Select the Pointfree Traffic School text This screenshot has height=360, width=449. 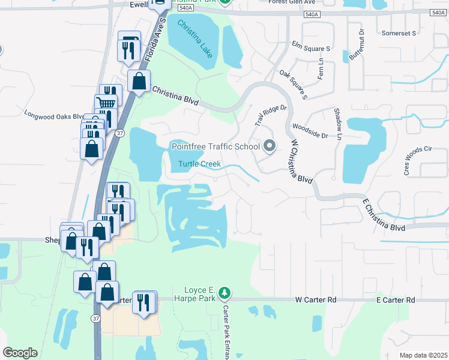pos(215,146)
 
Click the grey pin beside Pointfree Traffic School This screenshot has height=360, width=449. pos(270,146)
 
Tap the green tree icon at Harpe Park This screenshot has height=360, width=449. pos(224,293)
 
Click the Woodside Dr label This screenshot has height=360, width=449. pos(310,131)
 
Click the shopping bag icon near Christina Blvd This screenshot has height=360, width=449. pos(139,81)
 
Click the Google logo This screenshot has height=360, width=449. pos(20,353)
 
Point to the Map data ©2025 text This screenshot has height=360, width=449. pos(423,355)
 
